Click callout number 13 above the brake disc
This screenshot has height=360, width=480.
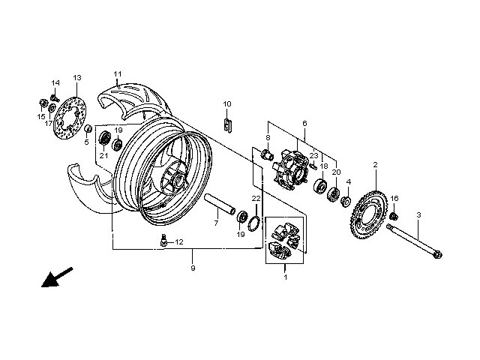click(76, 78)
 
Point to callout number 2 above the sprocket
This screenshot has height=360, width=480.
click(374, 164)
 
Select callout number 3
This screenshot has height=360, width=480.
click(418, 215)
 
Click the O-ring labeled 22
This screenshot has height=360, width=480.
click(254, 223)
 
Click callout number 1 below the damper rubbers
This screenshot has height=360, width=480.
click(284, 278)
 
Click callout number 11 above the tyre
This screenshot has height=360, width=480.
click(117, 73)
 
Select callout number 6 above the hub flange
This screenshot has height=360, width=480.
click(304, 123)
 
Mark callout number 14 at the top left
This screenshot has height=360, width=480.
click(55, 82)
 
